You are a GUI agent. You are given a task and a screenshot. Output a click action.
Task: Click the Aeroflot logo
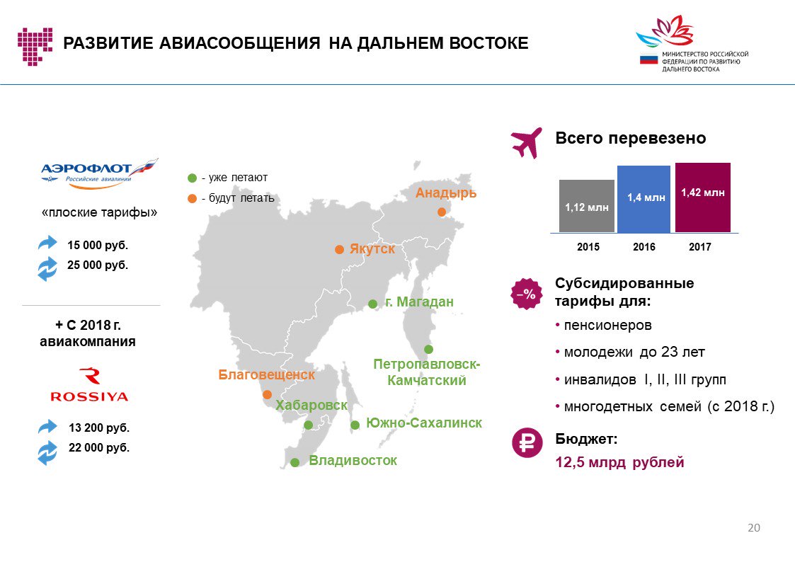coord(99,173)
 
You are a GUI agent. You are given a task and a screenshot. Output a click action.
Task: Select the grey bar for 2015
coord(587,206)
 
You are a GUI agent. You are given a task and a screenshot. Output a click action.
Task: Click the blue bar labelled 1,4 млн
coord(644,199)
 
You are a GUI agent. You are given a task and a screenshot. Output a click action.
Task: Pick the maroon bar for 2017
coord(703,197)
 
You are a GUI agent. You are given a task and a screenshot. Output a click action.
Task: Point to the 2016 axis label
coord(644,247)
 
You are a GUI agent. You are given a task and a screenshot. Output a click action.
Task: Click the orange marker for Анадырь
coord(442,212)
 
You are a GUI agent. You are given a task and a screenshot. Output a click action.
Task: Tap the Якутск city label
coord(372,249)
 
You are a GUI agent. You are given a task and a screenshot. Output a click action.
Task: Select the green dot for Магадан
coord(372,304)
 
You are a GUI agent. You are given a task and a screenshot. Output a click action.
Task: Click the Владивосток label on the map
coord(353,461)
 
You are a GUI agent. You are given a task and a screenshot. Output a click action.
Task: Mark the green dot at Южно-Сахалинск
coord(355,425)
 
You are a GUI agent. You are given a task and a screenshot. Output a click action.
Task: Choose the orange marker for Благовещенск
coord(267,394)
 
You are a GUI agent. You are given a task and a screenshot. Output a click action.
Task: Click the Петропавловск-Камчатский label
coord(426,372)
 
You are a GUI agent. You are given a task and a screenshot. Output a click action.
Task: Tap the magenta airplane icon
coord(527,143)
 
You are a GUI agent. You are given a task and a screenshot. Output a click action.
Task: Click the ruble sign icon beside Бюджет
coord(527,442)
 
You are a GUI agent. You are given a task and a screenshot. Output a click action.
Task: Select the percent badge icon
coord(526,294)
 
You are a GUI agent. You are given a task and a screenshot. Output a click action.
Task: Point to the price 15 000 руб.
coord(98,246)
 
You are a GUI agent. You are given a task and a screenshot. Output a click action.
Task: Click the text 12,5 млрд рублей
coord(619,462)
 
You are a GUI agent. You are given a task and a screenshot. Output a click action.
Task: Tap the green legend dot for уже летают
coord(192,178)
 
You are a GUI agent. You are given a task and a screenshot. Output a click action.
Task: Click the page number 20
coord(754,527)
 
